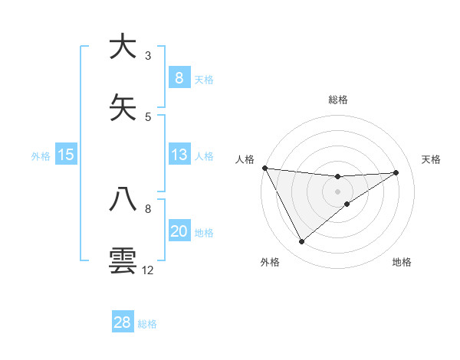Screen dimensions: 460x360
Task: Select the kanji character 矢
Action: click(x=123, y=108)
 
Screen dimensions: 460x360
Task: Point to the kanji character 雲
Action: click(x=123, y=260)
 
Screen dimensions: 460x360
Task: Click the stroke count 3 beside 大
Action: click(x=148, y=56)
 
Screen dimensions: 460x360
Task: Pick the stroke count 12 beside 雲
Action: click(x=148, y=270)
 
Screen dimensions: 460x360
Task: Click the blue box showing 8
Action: click(x=179, y=77)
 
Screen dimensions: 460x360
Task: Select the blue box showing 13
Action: click(x=179, y=155)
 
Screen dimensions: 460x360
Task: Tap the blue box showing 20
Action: click(x=179, y=231)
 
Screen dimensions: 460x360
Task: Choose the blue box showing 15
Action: click(x=66, y=155)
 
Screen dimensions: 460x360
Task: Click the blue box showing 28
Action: click(x=123, y=322)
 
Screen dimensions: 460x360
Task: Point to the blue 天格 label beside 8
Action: click(x=204, y=79)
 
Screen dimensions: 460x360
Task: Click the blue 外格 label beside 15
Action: click(x=41, y=155)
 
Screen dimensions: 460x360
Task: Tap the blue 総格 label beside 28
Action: click(x=147, y=324)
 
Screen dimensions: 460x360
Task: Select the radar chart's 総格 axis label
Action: click(x=337, y=100)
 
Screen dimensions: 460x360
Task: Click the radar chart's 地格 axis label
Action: click(x=402, y=262)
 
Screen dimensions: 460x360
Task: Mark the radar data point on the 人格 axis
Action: click(x=264, y=168)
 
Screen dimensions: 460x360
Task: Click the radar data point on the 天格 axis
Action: click(x=396, y=172)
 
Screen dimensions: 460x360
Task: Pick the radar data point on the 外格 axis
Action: click(x=301, y=242)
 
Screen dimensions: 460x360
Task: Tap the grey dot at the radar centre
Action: click(x=337, y=191)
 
